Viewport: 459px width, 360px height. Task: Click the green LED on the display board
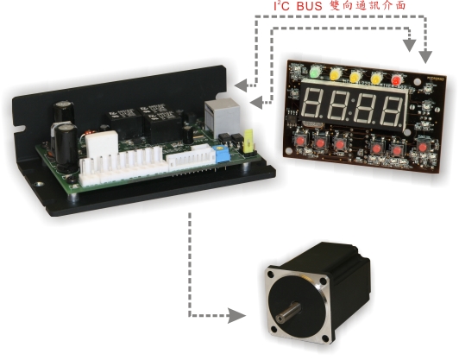(x=314, y=73)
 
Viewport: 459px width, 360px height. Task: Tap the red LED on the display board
(x=396, y=79)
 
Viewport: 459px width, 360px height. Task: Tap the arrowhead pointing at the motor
(x=236, y=315)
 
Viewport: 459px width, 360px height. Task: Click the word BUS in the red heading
(x=310, y=6)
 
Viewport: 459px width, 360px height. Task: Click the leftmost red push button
(x=299, y=142)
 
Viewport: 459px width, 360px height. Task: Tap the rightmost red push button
(x=422, y=148)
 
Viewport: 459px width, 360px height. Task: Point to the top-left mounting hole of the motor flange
(x=270, y=275)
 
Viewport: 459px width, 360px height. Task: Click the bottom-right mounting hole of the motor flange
(x=325, y=338)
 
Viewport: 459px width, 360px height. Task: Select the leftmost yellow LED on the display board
(x=334, y=74)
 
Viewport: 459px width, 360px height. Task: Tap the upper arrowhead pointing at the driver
(x=242, y=85)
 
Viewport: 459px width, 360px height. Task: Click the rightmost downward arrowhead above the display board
(x=425, y=57)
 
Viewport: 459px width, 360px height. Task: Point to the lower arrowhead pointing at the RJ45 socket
(x=257, y=103)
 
